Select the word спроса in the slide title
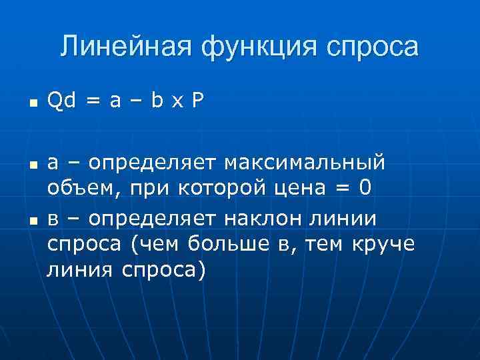373,47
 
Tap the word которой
225,189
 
